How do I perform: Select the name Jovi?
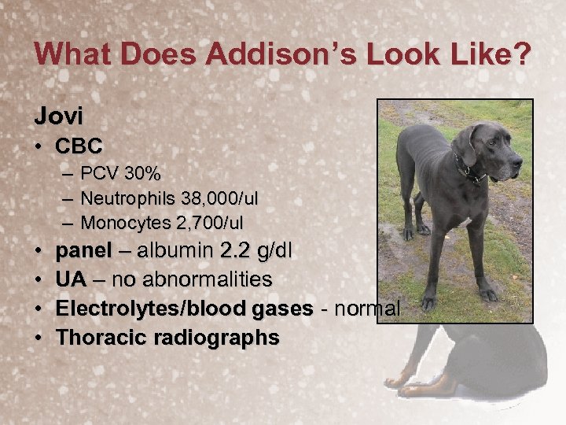[x=58, y=116]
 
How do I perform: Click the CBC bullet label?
[x=79, y=147]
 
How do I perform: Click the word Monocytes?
[x=119, y=222]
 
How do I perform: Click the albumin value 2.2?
[x=236, y=252]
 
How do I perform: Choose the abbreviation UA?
[x=71, y=279]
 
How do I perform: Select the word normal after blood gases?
[x=368, y=309]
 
